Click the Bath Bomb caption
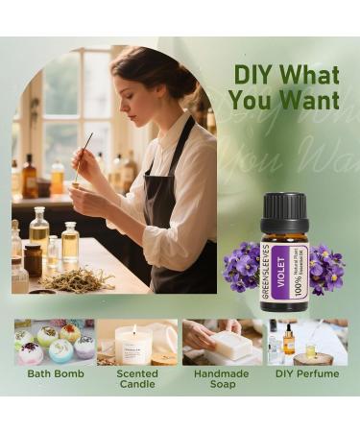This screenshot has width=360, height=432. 54,372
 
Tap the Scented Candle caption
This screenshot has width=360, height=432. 137,378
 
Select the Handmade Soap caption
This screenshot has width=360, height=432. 223,378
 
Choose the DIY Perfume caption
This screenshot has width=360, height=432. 306,372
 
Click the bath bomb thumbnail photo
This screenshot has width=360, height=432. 54,342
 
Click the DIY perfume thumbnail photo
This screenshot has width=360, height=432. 306,342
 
